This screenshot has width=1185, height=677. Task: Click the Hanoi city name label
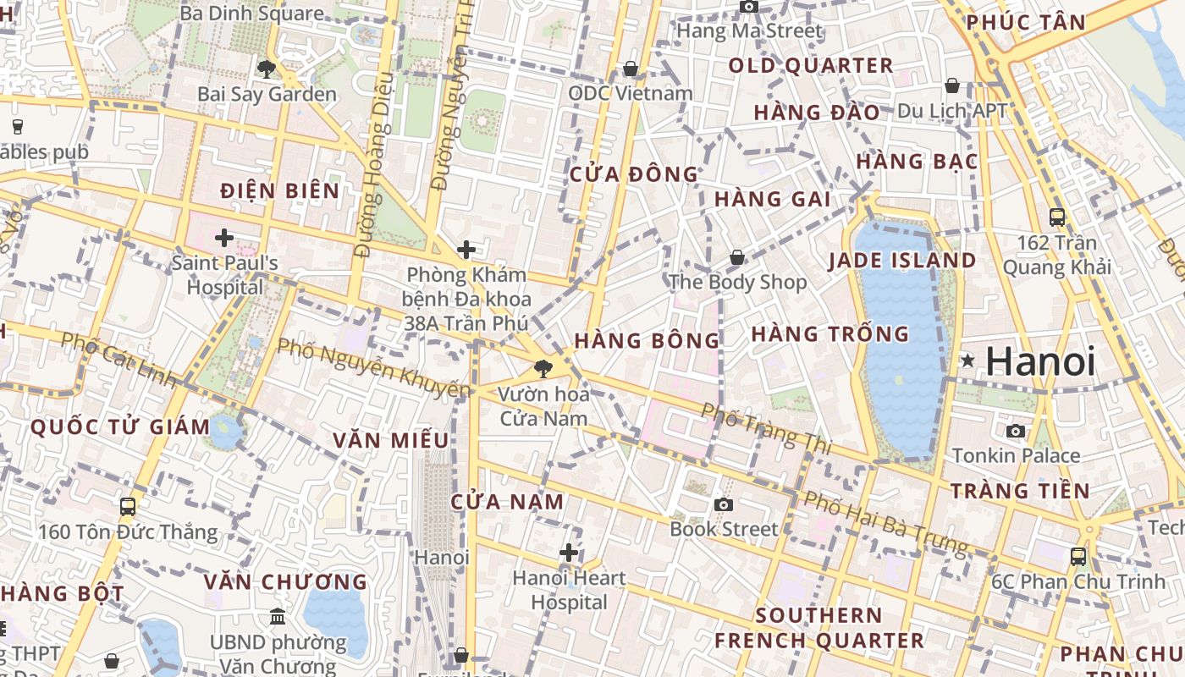tap(1040, 361)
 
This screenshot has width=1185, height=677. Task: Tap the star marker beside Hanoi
tap(967, 361)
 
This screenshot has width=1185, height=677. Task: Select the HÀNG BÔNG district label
tap(647, 341)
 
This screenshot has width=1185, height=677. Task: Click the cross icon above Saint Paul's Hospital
tap(224, 238)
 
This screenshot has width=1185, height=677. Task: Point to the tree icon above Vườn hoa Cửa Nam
tap(543, 368)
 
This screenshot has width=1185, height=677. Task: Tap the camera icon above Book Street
tap(723, 505)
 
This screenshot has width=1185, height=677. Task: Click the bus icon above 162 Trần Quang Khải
tap(1057, 217)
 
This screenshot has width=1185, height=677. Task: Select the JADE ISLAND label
tap(902, 261)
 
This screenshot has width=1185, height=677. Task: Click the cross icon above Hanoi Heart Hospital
tap(569, 553)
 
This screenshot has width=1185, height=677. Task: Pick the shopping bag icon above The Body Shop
tap(737, 256)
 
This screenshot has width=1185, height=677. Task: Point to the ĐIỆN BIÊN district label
tap(280, 191)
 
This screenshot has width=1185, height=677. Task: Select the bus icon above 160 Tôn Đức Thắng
tap(128, 507)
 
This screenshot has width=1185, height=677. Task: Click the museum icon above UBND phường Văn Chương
tap(278, 617)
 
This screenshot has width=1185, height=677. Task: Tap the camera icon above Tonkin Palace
tap(1016, 431)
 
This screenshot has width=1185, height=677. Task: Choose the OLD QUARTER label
tap(811, 66)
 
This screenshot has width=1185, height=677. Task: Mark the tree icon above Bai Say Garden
tap(267, 69)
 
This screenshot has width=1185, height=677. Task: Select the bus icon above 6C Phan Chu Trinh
tap(1078, 556)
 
